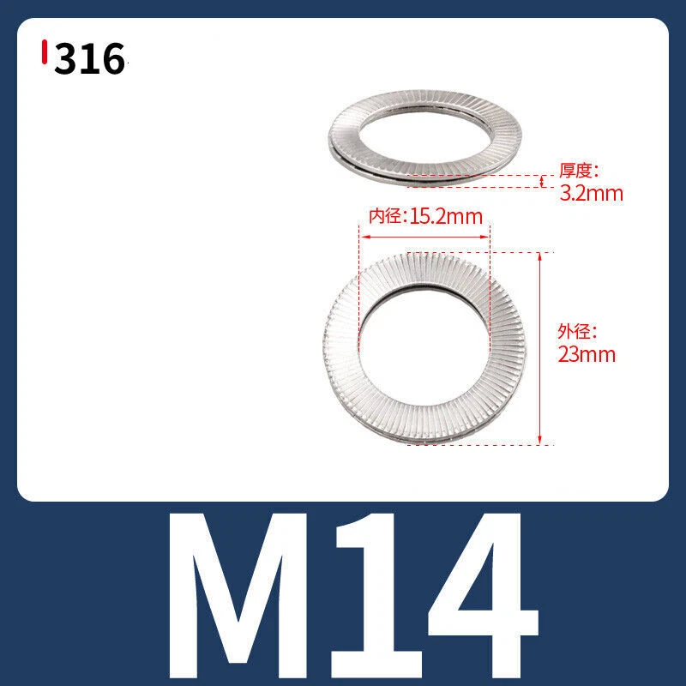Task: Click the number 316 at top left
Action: coord(90,58)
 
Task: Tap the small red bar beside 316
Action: coord(45,51)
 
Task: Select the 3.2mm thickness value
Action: coord(591,194)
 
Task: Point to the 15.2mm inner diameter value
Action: coord(446,216)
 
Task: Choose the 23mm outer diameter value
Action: coord(587,354)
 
